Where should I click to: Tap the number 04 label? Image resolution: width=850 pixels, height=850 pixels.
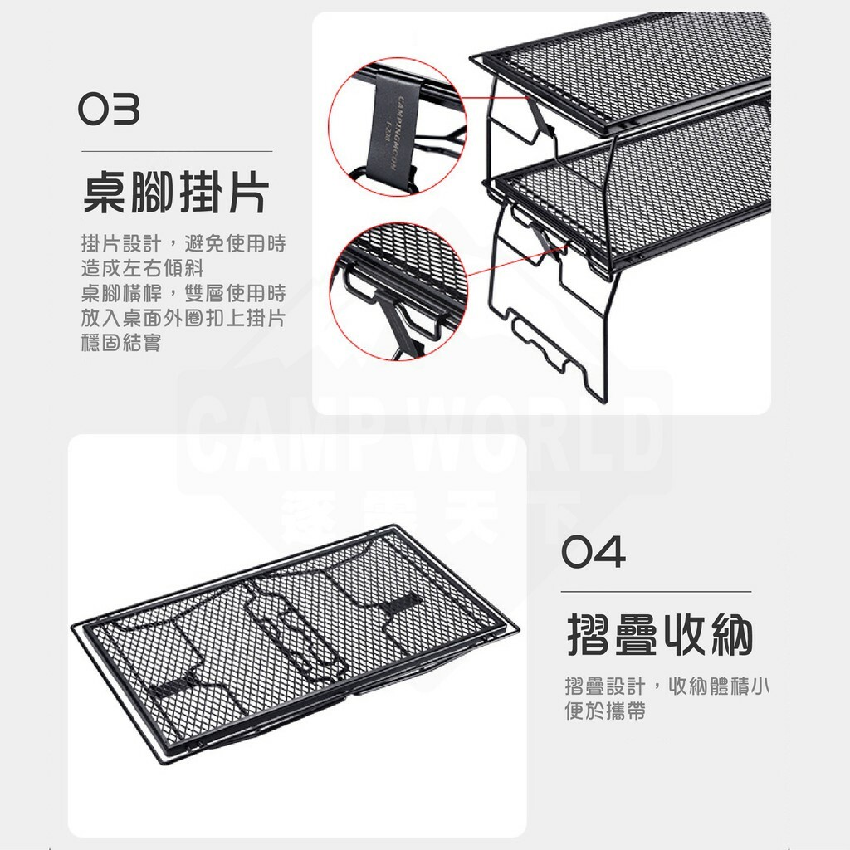coord(594,553)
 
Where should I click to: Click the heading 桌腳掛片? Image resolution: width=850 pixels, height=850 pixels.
coord(176,194)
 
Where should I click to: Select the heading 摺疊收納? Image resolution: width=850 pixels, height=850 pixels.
coord(660,636)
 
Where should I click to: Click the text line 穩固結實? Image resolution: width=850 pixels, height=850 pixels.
coord(121,343)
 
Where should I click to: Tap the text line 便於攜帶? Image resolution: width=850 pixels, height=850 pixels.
coord(604,711)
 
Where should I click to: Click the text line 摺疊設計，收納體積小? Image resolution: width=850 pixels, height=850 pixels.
coord(666,686)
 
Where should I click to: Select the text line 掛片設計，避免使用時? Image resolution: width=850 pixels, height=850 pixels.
coord(183,244)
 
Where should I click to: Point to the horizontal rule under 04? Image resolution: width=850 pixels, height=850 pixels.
coord(656,592)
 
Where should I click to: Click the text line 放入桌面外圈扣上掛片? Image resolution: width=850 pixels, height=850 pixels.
coord(183,318)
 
